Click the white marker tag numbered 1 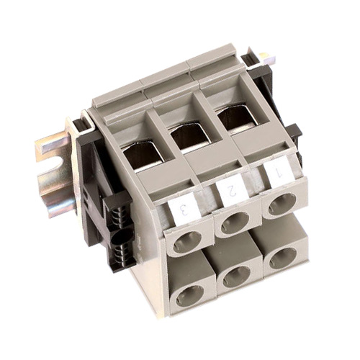coord(278,171)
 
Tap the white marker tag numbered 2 coord(232,189)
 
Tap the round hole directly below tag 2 coord(235,224)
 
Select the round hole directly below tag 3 coord(188,243)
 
